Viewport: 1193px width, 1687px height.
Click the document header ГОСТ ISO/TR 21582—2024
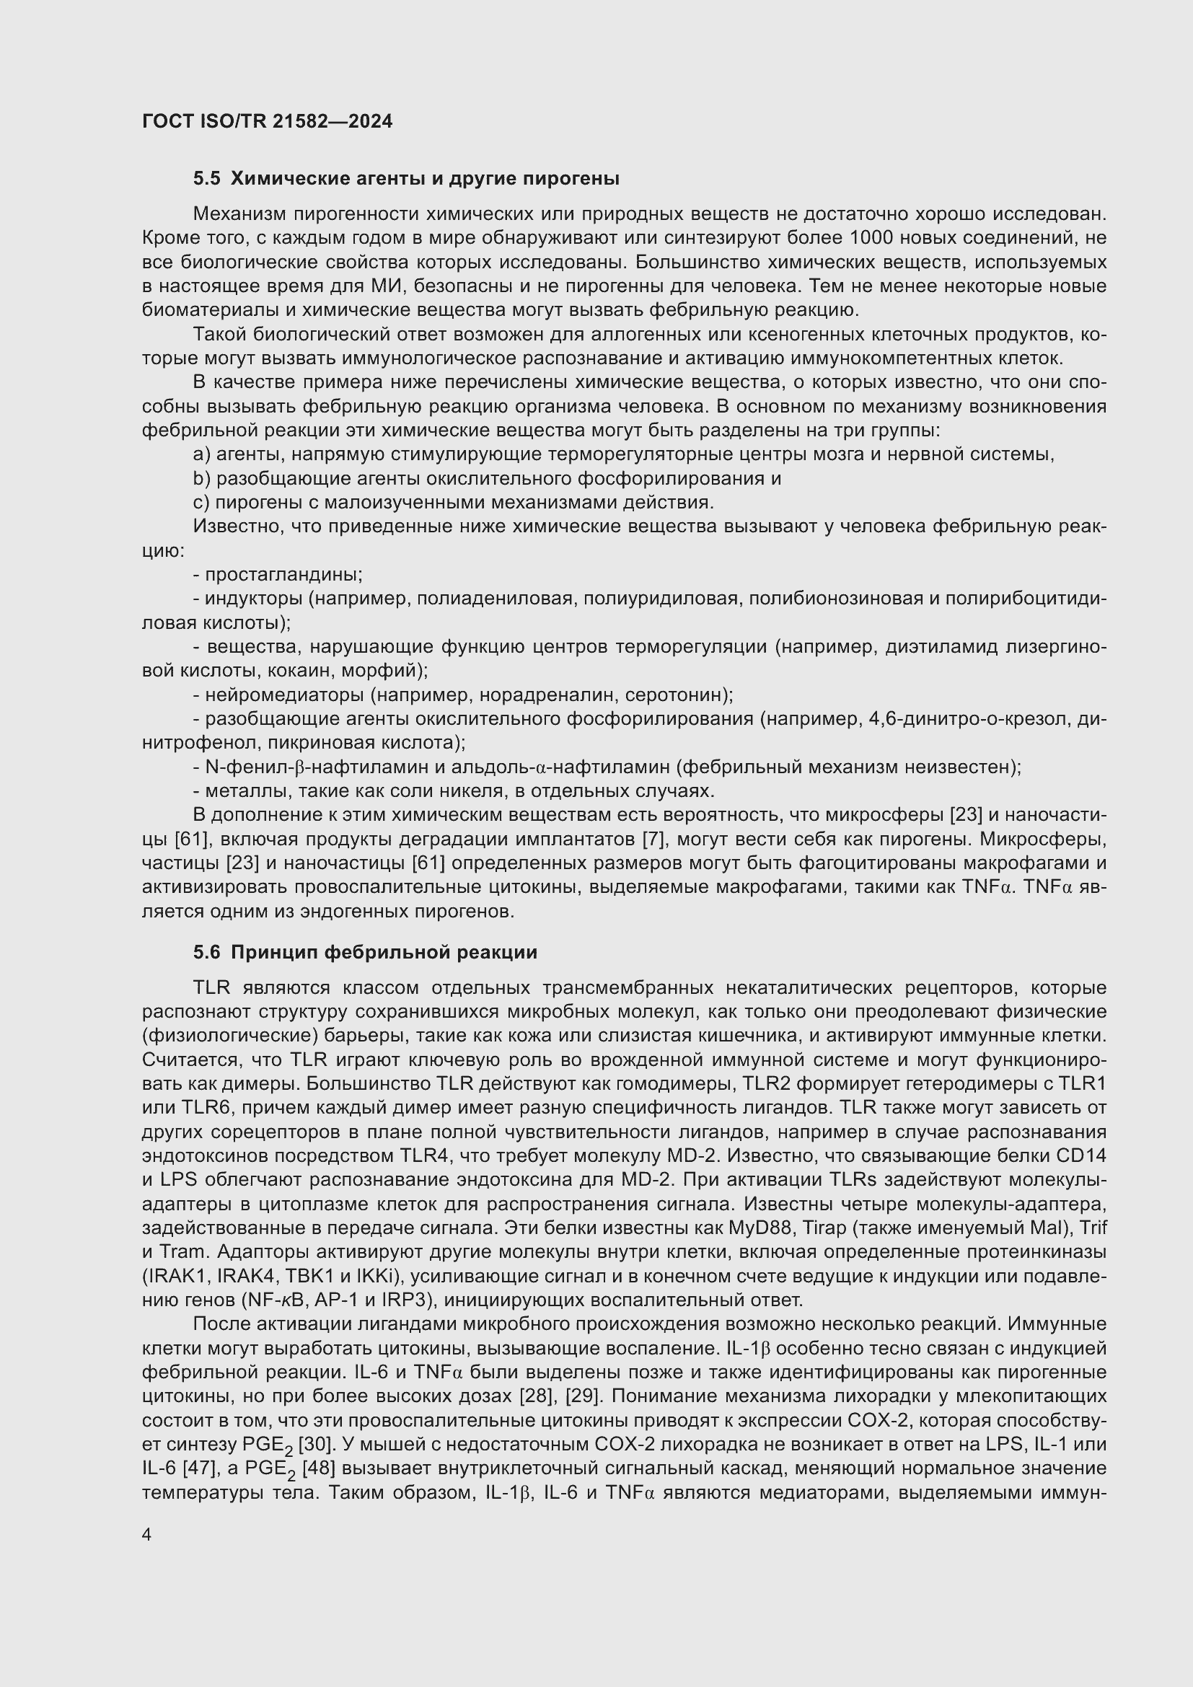click(x=267, y=121)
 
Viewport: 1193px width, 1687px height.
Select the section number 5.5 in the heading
click(x=206, y=179)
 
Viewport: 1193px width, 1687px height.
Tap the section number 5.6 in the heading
click(x=206, y=952)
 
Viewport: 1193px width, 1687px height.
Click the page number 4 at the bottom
click(x=147, y=1535)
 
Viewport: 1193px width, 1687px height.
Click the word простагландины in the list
click(x=283, y=575)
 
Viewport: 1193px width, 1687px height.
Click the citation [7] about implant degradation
click(x=652, y=839)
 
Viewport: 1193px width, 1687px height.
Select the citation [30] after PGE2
click(x=316, y=1445)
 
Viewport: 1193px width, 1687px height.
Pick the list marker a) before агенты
click(x=201, y=455)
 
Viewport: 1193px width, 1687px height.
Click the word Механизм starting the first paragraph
click(x=239, y=214)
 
